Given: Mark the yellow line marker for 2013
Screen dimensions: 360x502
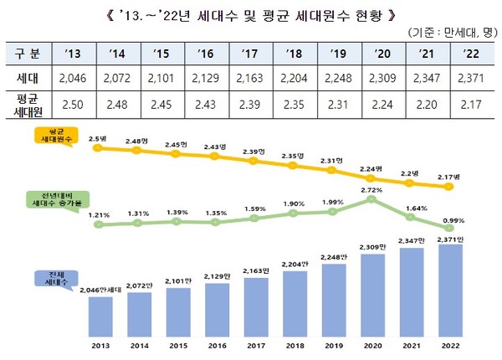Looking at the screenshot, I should [x=99, y=147].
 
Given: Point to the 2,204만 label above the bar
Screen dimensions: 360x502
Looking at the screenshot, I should [x=294, y=265].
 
